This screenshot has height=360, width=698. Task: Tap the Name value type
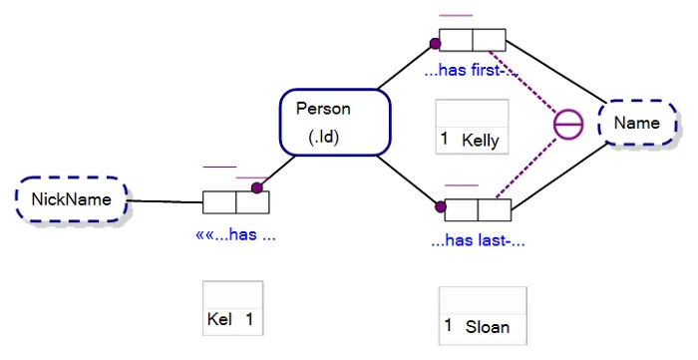point(636,124)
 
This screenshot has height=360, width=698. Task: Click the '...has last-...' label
point(478,240)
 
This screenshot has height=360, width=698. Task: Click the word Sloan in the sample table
point(487,326)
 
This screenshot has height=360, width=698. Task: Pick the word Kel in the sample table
point(220,319)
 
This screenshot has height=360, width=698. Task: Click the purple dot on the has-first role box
point(435,44)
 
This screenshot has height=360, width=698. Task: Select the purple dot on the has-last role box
point(440,208)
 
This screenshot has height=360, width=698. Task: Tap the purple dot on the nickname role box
point(256,187)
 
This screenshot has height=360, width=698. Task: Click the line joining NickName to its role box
point(166,202)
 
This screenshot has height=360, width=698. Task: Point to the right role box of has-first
point(490,40)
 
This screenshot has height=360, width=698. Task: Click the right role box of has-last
point(495,210)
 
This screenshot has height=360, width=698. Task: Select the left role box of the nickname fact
point(219,202)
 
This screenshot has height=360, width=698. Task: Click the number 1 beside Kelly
point(445,139)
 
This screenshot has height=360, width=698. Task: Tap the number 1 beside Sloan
point(449,325)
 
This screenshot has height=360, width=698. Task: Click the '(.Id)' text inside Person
point(325,137)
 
